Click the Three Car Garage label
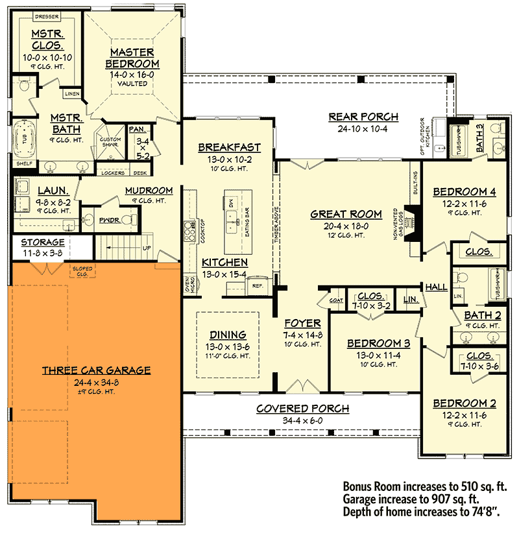(96, 370)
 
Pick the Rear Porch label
(363, 117)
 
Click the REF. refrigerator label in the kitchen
(257, 285)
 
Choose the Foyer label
(302, 323)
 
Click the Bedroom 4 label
(464, 191)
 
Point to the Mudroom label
(149, 191)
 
